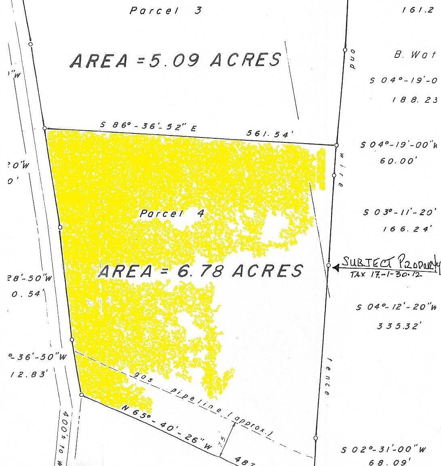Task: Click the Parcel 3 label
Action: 165,11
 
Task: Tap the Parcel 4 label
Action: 171,213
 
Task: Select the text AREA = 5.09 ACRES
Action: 175,60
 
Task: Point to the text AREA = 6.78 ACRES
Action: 200,271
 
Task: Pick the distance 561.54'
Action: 268,134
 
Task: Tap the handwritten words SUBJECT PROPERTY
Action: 390,262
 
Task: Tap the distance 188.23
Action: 414,100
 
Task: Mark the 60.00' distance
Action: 398,161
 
